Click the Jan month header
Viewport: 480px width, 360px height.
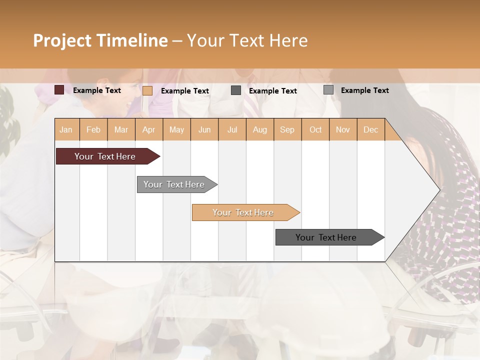[66, 129]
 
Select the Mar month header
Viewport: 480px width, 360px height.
[121, 129]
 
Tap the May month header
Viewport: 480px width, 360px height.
[176, 129]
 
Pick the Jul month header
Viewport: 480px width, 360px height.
[232, 129]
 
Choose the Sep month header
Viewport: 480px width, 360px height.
[287, 129]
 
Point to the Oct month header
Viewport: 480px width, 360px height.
[315, 129]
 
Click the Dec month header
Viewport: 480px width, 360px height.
[370, 129]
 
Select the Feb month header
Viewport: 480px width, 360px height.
[93, 129]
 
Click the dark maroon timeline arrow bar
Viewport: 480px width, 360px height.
[105, 156]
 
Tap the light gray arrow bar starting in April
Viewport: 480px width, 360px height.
[174, 184]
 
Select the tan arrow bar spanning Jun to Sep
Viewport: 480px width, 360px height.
[243, 212]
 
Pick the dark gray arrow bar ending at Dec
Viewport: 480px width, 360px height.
[326, 237]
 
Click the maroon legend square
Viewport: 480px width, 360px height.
[59, 90]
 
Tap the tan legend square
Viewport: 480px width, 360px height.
[147, 90]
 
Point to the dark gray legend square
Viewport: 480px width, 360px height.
[236, 90]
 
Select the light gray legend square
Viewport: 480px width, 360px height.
[328, 90]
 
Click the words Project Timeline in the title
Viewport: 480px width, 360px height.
[100, 40]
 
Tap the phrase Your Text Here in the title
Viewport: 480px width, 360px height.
[247, 40]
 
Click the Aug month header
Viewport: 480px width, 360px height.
[259, 129]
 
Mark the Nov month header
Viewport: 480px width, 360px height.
[343, 129]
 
